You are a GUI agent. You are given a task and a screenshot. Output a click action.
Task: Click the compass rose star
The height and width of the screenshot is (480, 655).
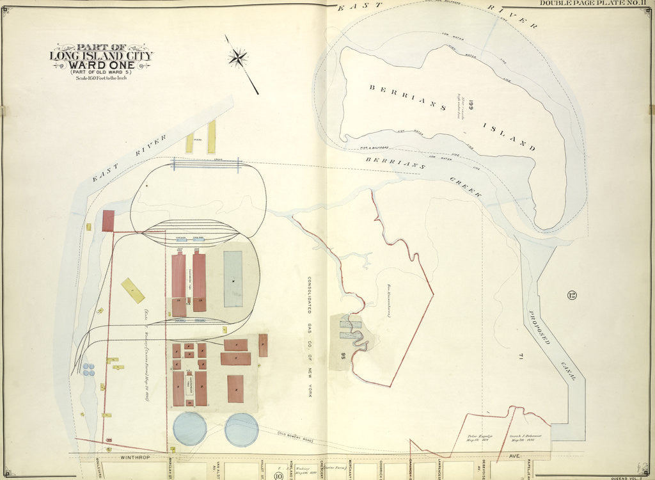pyautogui.click(x=237, y=58)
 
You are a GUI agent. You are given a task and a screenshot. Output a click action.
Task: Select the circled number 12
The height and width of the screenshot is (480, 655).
pyautogui.click(x=571, y=295)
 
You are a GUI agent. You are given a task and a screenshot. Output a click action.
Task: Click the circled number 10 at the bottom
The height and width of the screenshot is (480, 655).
pyautogui.click(x=278, y=475)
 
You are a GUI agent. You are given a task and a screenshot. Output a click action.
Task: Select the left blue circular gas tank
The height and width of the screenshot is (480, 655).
pyautogui.click(x=190, y=428)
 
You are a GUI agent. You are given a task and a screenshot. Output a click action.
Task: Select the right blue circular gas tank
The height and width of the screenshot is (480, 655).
pyautogui.click(x=241, y=429)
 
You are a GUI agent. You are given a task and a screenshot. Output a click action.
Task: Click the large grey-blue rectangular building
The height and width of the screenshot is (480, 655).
pyautogui.click(x=233, y=278)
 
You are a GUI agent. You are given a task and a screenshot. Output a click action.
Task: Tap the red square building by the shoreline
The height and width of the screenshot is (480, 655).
pyautogui.click(x=108, y=221)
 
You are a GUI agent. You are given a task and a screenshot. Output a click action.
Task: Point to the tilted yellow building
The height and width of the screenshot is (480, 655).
pyautogui.click(x=133, y=290)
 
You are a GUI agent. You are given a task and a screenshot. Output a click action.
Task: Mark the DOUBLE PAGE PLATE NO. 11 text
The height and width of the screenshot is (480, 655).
pyautogui.click(x=594, y=4)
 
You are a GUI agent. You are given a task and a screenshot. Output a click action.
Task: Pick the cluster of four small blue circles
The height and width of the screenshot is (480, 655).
pyautogui.click(x=88, y=369)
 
